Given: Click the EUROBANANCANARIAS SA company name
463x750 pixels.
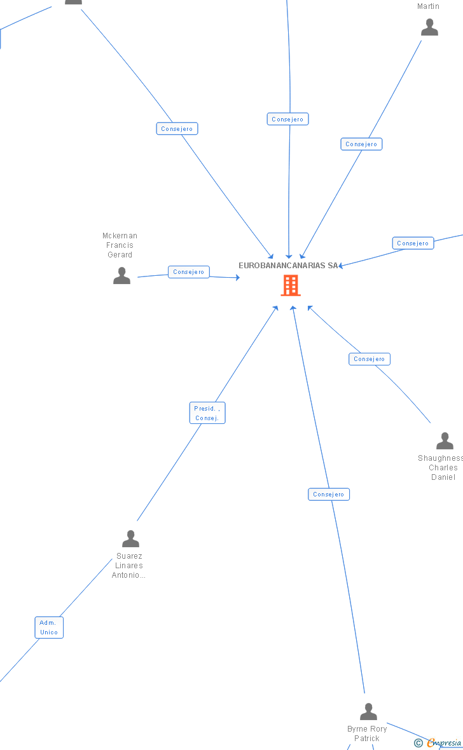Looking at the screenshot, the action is tap(288, 266).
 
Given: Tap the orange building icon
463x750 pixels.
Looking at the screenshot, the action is tap(291, 285).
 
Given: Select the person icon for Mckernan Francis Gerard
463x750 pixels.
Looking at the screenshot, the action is tap(121, 275).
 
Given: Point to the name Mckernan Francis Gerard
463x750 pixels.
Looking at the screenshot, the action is tap(120, 245).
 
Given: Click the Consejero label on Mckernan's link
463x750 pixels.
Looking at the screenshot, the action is tap(188, 272).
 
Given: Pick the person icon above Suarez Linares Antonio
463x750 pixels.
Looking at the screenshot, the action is tap(130, 539).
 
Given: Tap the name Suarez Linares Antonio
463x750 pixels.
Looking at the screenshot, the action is tap(128, 566).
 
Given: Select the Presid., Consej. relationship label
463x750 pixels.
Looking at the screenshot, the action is tap(207, 413).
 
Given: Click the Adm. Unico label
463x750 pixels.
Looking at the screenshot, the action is tap(49, 627).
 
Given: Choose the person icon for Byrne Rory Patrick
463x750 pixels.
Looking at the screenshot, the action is tap(368, 711).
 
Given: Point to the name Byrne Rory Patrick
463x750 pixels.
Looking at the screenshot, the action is tap(367, 733).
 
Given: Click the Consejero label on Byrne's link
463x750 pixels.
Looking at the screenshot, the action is tap(329, 494).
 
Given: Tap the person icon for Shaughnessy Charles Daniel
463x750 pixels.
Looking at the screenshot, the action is tap(445, 440).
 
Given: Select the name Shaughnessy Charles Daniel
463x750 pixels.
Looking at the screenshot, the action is tap(441, 468).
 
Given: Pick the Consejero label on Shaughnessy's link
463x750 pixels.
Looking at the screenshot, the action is tap(370, 359).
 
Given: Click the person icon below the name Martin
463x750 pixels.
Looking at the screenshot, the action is tap(429, 27).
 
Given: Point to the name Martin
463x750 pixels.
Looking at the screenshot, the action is tap(428, 6).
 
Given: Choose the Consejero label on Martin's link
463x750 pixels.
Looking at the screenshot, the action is tap(361, 144).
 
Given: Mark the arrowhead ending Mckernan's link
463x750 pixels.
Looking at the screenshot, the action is tap(238, 277).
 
